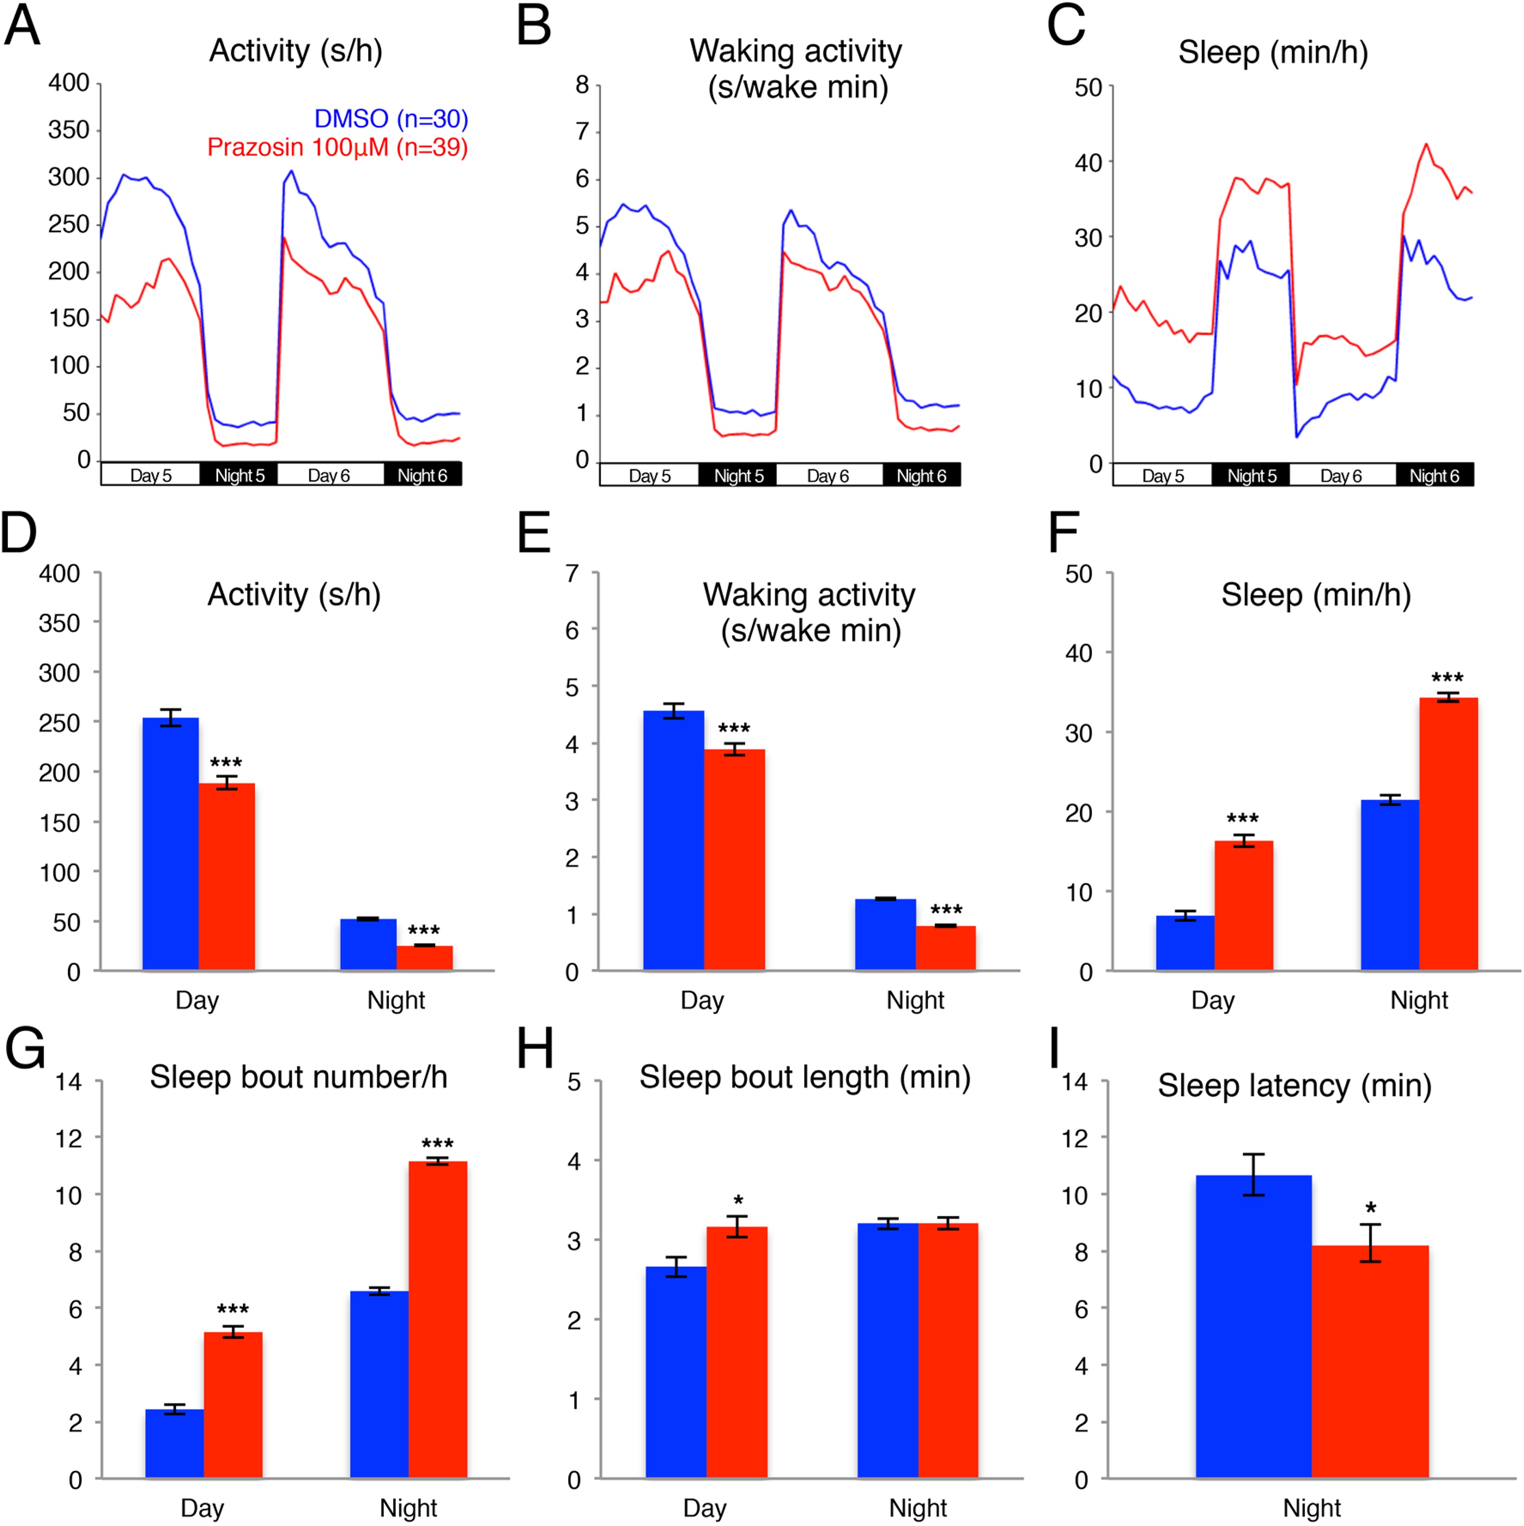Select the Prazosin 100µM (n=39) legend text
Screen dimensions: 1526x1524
[337, 147]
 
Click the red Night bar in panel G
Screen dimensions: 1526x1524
[437, 1318]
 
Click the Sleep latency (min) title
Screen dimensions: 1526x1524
[1294, 1085]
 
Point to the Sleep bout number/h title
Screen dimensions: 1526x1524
[299, 1077]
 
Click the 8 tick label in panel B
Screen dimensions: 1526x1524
[582, 84]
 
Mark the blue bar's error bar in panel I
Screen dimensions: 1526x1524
[1254, 1175]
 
